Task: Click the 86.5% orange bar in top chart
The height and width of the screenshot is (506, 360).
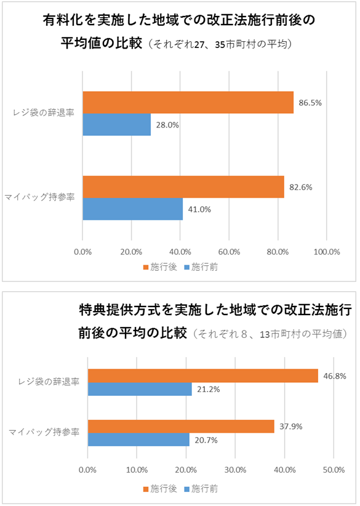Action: [x=188, y=102]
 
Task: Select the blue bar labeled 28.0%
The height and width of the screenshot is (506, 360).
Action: [x=116, y=124]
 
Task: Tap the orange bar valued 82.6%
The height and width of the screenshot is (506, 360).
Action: [x=183, y=187]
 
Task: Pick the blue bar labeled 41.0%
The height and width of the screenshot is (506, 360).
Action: [x=132, y=209]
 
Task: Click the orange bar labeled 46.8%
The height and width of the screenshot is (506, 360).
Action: [x=203, y=375]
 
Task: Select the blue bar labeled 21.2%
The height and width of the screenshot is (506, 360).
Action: [x=140, y=389]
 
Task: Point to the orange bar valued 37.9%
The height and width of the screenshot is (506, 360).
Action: [x=181, y=427]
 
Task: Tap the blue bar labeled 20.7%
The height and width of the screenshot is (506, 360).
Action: [x=138, y=440]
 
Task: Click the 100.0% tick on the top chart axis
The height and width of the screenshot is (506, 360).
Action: [x=327, y=252]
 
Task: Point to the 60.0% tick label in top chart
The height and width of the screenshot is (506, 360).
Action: [x=229, y=252]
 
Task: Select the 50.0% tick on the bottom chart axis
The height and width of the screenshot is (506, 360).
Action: [x=333, y=470]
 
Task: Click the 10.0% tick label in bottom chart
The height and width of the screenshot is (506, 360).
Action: [x=137, y=470]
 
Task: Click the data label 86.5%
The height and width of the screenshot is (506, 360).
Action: [x=310, y=102]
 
